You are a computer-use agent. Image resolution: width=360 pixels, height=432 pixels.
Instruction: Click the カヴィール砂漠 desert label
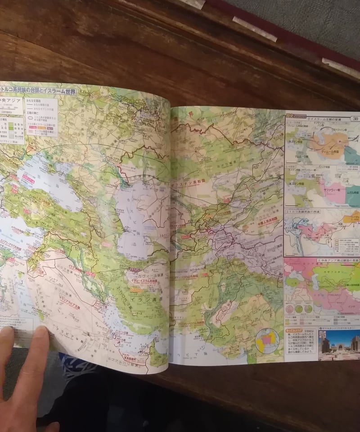145,271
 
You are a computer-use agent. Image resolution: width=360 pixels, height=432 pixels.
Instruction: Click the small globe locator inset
266,340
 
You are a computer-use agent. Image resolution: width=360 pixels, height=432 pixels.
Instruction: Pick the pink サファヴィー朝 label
331,189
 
